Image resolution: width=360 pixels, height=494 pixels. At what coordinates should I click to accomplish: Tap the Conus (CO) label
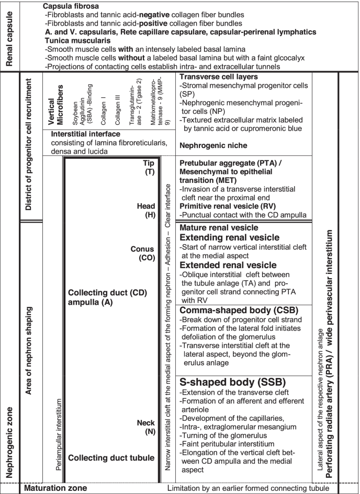pos(142,252)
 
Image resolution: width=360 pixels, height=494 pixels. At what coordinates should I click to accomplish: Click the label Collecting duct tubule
pos(111,457)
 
